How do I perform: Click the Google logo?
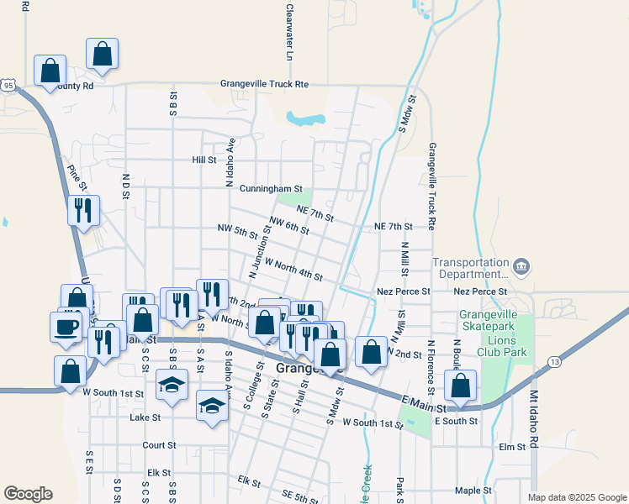(x=28, y=494)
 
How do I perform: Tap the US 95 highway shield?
(x=8, y=86)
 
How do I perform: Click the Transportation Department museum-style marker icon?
(x=521, y=267)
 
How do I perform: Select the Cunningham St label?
(x=270, y=190)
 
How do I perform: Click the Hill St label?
(x=204, y=160)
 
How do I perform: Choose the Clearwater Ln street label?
(x=289, y=32)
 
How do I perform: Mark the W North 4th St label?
(x=293, y=270)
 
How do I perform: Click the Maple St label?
(x=472, y=491)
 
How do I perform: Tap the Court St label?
(x=158, y=445)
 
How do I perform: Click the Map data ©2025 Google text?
(x=576, y=497)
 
